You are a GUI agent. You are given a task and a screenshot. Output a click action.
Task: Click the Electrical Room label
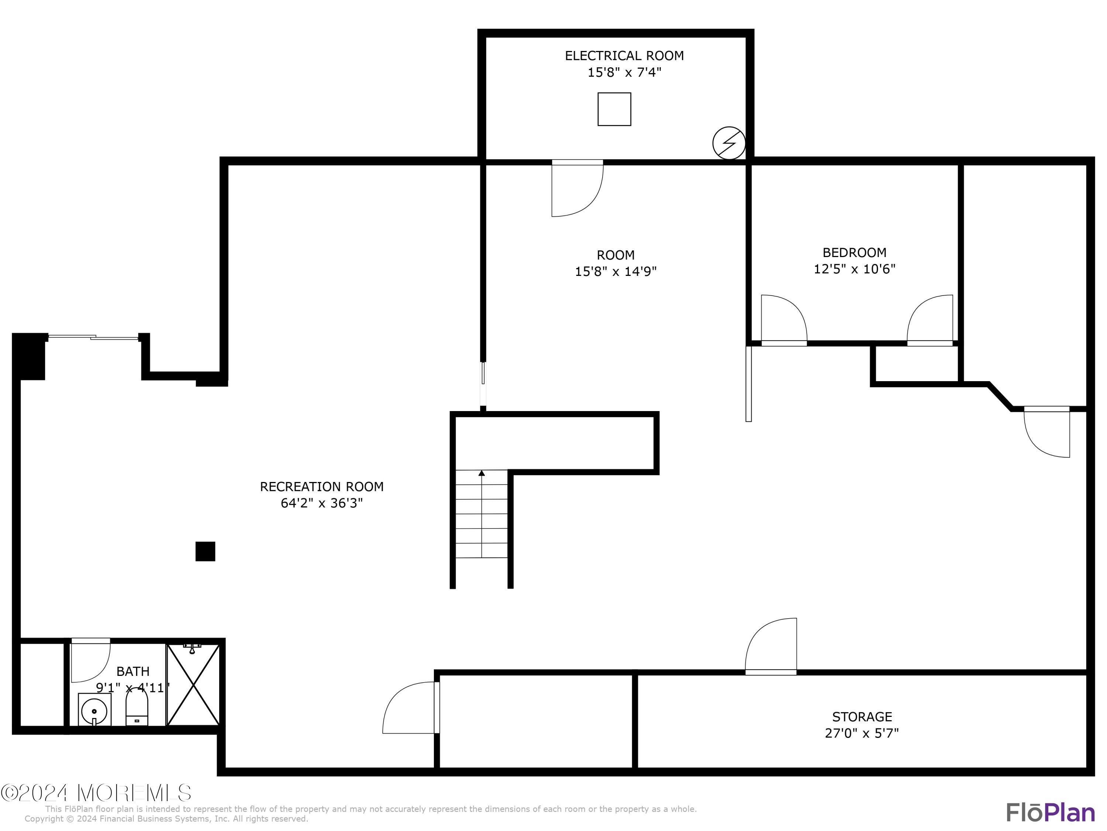coord(624,56)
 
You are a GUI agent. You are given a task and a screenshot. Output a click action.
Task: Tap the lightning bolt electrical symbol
coord(729,143)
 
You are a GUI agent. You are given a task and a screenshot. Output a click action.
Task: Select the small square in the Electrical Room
coord(614,109)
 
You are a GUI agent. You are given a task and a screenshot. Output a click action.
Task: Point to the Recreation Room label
coord(321,487)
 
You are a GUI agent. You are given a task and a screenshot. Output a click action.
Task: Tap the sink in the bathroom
coord(94,710)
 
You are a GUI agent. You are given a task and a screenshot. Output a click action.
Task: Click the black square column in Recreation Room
coord(205,551)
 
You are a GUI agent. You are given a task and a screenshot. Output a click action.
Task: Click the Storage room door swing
coord(771,646)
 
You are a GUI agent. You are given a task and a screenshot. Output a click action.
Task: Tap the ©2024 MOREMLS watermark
coord(96,793)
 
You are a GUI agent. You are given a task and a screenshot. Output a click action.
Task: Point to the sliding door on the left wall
coord(93,338)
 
